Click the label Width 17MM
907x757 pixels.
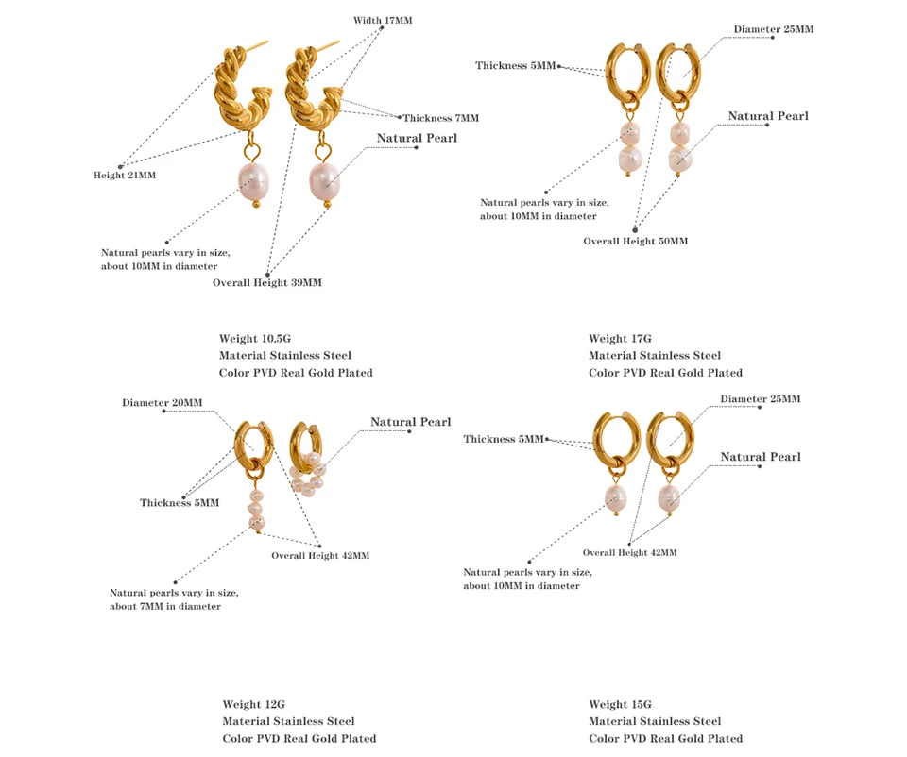[x=383, y=20]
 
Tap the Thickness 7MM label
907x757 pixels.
[x=441, y=118]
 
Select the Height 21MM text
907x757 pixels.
[x=125, y=176]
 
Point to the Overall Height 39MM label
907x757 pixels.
[x=266, y=282]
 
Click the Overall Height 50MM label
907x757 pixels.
[x=635, y=241]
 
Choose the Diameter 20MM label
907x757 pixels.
[x=162, y=403]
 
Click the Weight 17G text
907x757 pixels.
[x=620, y=338]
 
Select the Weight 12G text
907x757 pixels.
[x=253, y=704]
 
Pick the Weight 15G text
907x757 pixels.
[x=620, y=704]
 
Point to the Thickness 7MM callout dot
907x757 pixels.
[x=400, y=118]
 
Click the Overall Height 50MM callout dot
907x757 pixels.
[x=636, y=228]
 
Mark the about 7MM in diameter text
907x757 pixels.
[x=165, y=606]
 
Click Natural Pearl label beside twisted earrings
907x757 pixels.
[x=417, y=138]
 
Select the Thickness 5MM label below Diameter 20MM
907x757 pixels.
[x=180, y=502]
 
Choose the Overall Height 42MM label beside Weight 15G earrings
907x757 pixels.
[x=629, y=552]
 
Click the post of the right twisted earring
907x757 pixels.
[x=332, y=45]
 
